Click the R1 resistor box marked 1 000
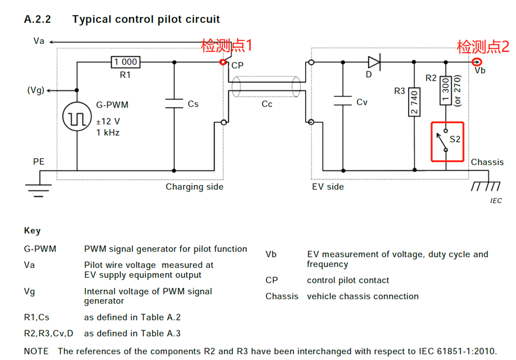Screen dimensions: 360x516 point(125,62)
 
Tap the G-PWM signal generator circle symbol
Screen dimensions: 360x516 point(77,118)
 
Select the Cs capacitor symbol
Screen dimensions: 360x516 point(174,104)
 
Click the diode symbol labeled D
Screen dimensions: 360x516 point(374,62)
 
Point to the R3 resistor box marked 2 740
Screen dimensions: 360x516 point(414,101)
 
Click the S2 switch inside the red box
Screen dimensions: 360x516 point(447,141)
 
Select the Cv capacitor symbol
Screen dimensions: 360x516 point(343,101)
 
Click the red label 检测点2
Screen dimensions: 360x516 point(483,47)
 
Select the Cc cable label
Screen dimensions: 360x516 point(267,104)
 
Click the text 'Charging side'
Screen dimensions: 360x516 point(194,187)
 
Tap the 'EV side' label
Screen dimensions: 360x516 point(328,187)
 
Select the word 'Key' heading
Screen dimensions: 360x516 point(32,230)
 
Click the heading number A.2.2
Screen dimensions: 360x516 point(37,20)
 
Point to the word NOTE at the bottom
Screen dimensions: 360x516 point(36,351)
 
